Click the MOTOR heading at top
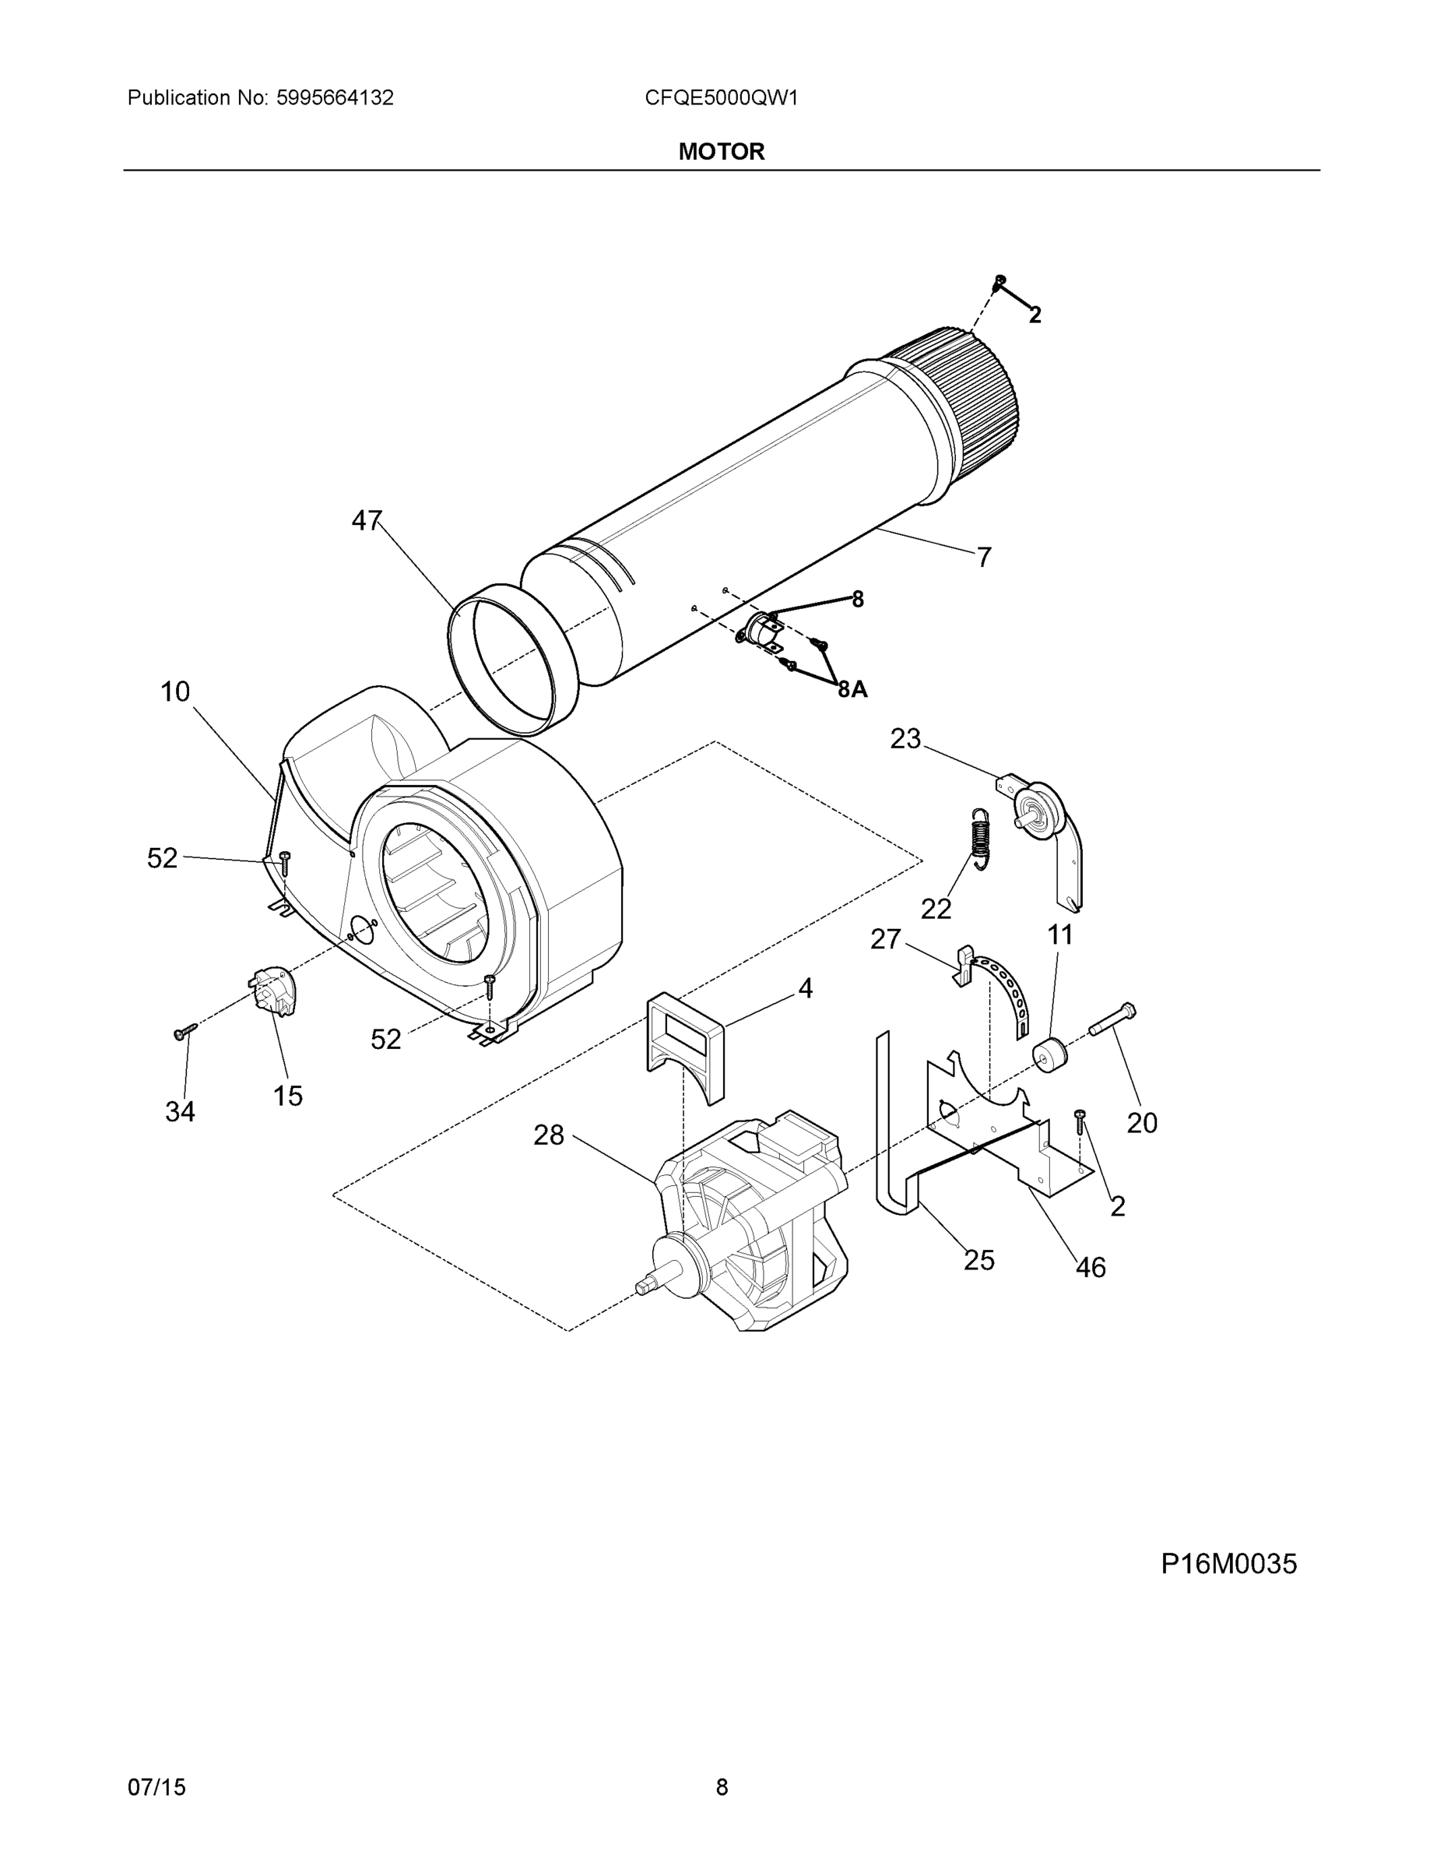(x=721, y=152)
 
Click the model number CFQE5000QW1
(x=721, y=97)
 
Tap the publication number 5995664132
(x=335, y=97)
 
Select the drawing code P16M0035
(x=1228, y=1564)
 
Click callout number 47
(x=366, y=520)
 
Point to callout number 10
(x=175, y=692)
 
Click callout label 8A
(x=852, y=689)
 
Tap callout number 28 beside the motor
(x=550, y=1135)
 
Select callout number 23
(x=905, y=738)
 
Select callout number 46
(x=1091, y=1266)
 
